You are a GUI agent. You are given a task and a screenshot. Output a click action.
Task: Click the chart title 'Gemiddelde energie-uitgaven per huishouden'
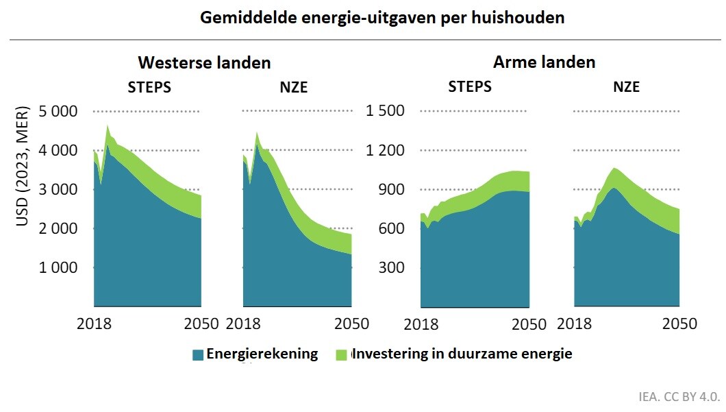382,18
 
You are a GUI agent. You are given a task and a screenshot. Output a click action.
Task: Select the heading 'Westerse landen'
204,62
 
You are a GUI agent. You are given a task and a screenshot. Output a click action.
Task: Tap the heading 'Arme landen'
544,62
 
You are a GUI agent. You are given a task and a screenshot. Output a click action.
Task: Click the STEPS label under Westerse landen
149,87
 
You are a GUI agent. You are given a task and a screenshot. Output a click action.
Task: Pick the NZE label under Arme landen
626,87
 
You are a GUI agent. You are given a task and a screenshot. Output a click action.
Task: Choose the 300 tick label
392,267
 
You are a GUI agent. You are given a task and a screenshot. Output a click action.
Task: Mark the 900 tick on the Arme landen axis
392,189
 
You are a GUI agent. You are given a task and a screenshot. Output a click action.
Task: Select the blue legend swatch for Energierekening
198,354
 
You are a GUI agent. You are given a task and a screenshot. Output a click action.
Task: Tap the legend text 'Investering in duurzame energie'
461,354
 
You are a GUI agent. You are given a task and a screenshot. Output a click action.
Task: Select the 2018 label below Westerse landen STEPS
94,324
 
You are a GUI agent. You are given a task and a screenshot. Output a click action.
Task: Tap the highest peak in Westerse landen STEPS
108,125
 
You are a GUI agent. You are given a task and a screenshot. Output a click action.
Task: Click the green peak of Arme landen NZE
614,168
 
